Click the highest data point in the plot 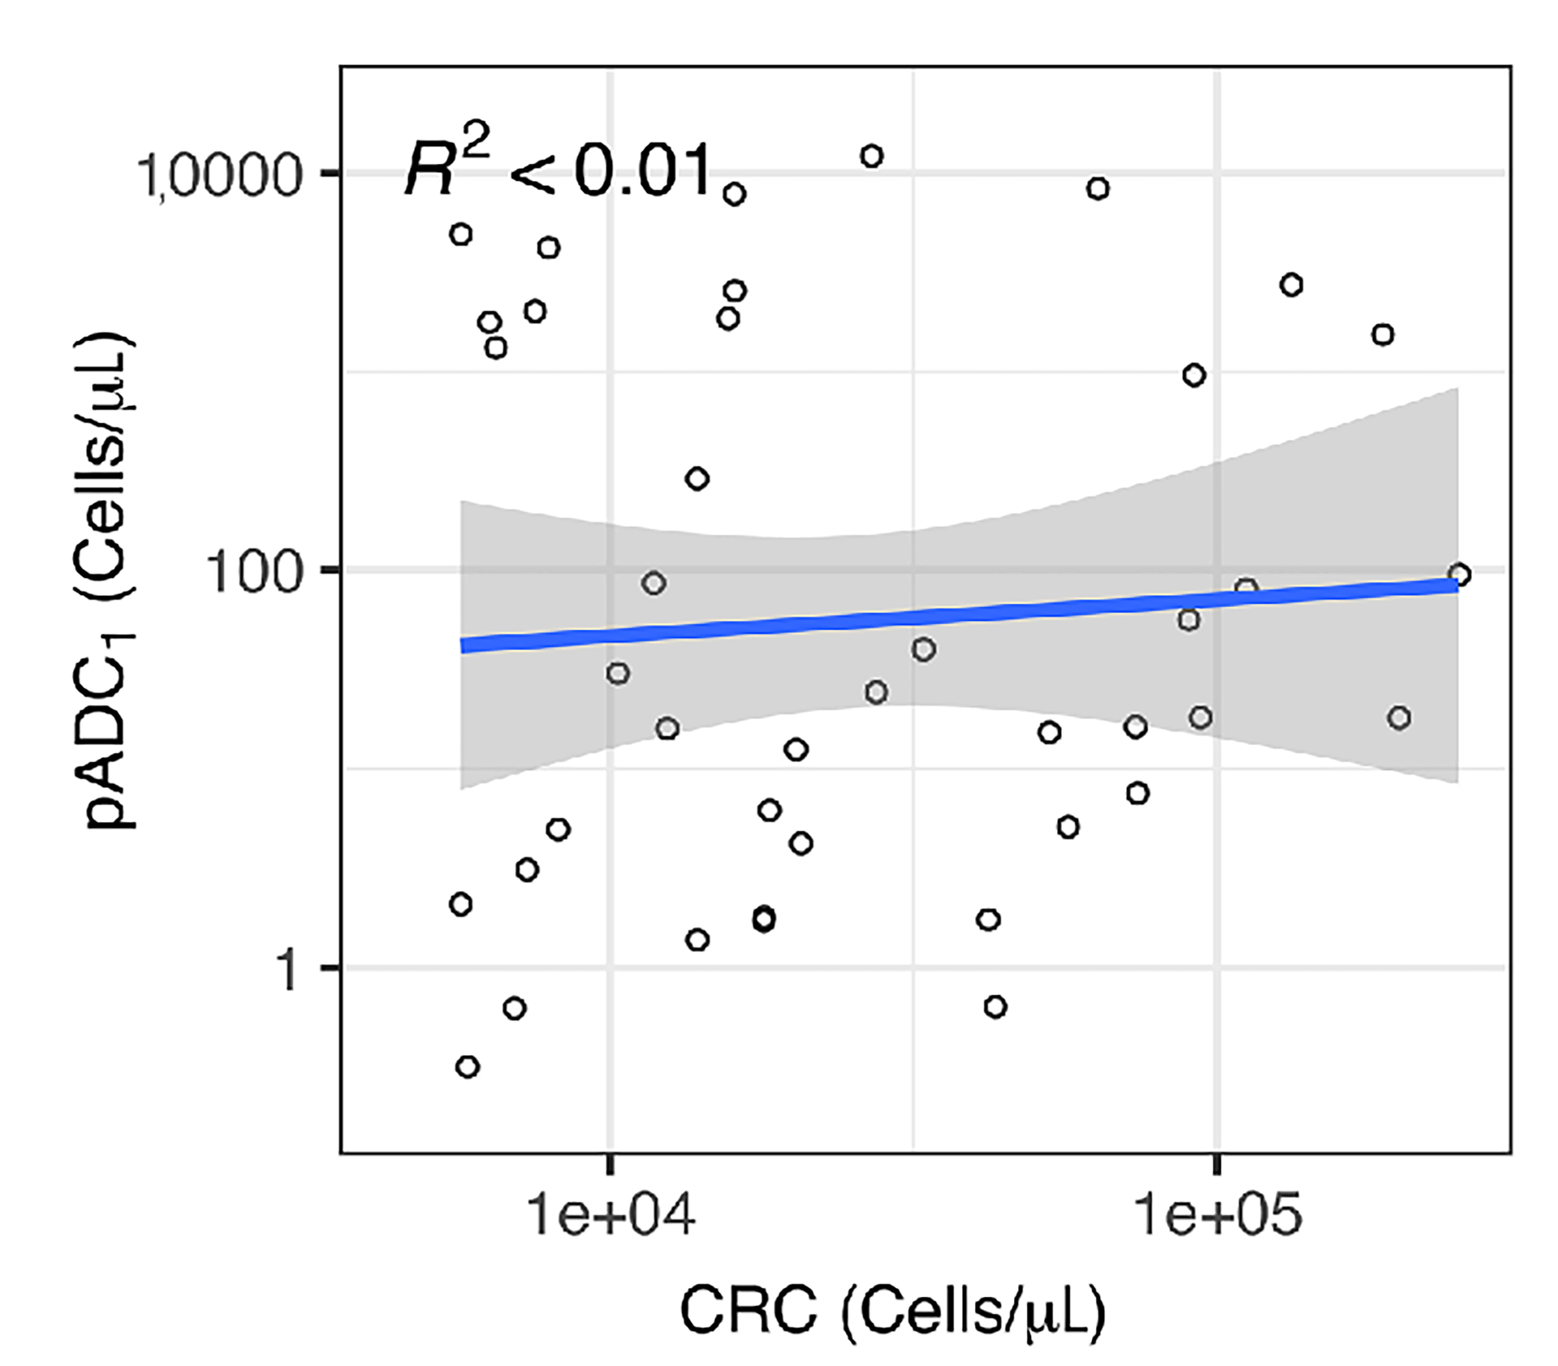point(872,156)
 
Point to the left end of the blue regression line point(463,646)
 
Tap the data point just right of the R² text point(734,194)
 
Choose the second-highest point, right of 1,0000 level point(1097,188)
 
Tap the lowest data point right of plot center point(995,1007)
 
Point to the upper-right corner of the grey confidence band point(1457,389)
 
